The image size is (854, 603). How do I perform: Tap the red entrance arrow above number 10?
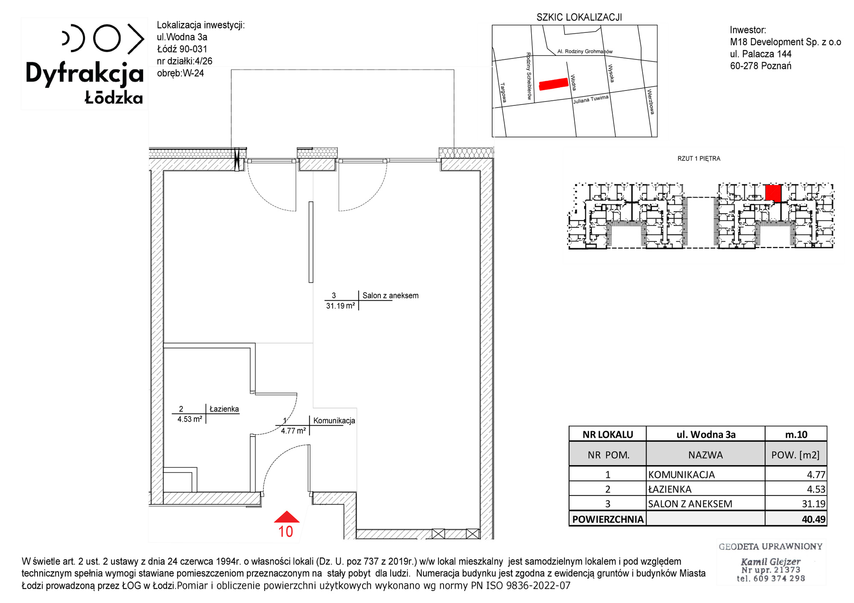(x=287, y=517)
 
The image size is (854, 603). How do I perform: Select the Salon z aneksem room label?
(x=390, y=295)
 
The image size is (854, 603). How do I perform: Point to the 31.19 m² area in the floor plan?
(x=340, y=306)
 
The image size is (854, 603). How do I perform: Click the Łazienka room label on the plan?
(x=224, y=409)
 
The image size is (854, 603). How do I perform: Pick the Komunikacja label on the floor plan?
(x=334, y=420)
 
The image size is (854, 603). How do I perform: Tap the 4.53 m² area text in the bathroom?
(x=190, y=419)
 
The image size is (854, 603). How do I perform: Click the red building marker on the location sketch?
(x=554, y=84)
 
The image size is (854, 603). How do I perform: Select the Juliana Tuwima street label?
(x=591, y=99)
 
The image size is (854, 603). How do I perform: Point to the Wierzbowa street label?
(x=651, y=102)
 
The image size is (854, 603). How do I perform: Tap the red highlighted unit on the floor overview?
(x=773, y=193)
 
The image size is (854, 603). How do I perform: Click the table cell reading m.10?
(x=796, y=434)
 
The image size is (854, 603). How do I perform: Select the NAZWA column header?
(x=705, y=455)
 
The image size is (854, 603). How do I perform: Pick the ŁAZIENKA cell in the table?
(x=670, y=489)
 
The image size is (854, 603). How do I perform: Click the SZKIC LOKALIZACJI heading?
(x=579, y=17)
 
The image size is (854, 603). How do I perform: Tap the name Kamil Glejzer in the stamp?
(x=770, y=562)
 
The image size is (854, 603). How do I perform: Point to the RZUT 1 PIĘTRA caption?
(x=699, y=158)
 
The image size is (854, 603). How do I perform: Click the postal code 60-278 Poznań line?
(x=760, y=66)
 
